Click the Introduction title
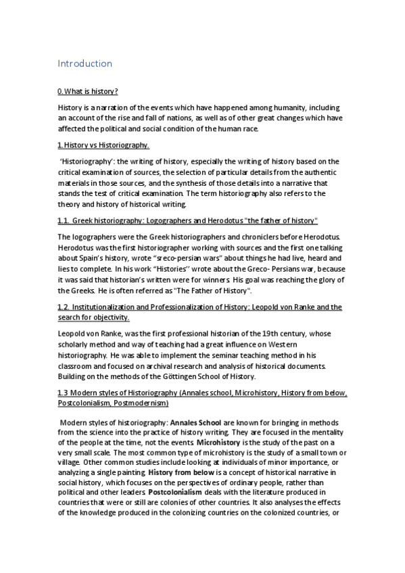tap(85, 64)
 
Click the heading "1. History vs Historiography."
tap(103, 145)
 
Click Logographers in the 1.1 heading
tap(168, 221)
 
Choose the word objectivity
tap(109, 318)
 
